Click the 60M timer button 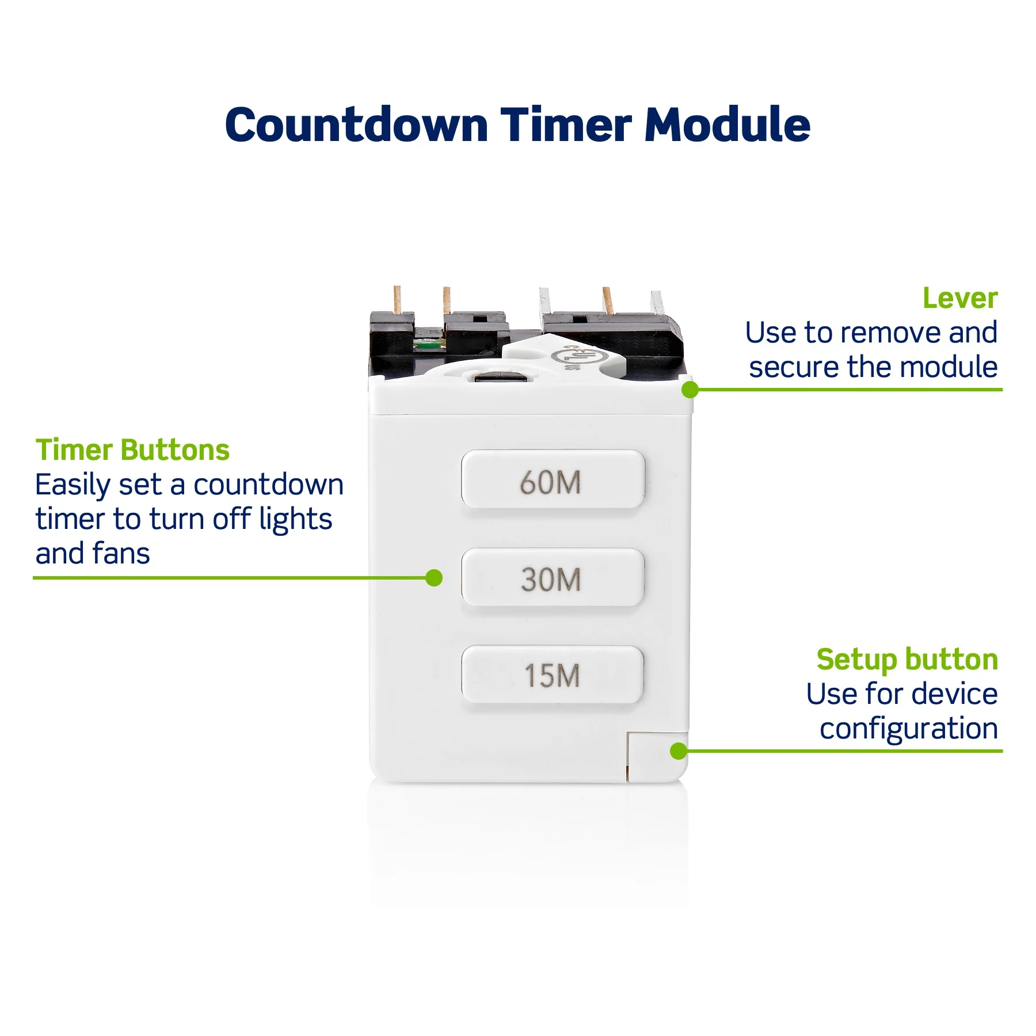pyautogui.click(x=553, y=479)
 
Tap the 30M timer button pyautogui.click(x=553, y=577)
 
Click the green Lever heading pyautogui.click(x=960, y=298)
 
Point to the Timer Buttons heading pyautogui.click(x=132, y=450)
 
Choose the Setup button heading pyautogui.click(x=907, y=660)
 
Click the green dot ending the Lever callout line pyautogui.click(x=690, y=390)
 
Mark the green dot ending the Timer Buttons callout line pyautogui.click(x=434, y=577)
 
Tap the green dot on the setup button pyautogui.click(x=679, y=751)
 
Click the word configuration pyautogui.click(x=908, y=729)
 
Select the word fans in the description pyautogui.click(x=121, y=553)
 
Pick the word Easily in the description pyautogui.click(x=73, y=485)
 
